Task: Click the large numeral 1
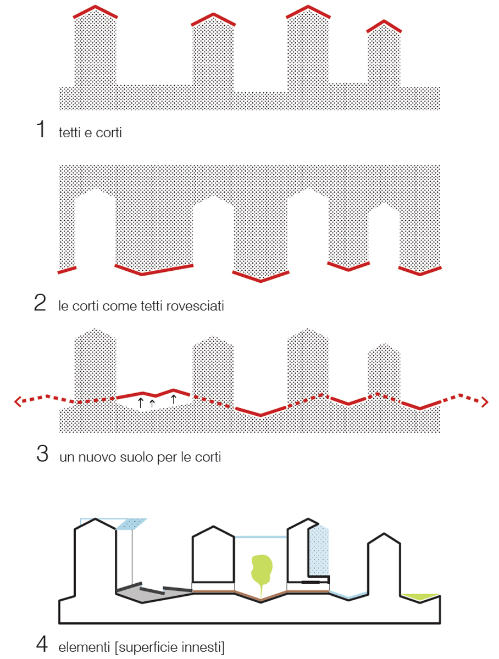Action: pyautogui.click(x=41, y=129)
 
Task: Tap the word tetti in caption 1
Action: pyautogui.click(x=70, y=132)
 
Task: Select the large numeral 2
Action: pyautogui.click(x=40, y=302)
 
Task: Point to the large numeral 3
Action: pyautogui.click(x=42, y=454)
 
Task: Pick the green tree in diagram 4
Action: pyautogui.click(x=262, y=568)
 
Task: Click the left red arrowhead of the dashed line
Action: pyautogui.click(x=18, y=401)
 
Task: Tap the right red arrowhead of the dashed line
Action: pyautogui.click(x=485, y=402)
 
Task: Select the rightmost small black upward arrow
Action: pyautogui.click(x=173, y=399)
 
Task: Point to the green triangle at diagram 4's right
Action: pyautogui.click(x=420, y=597)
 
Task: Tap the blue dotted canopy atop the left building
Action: pyautogui.click(x=131, y=524)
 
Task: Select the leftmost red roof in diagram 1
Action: pyautogui.click(x=95, y=12)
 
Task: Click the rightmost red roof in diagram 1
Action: pyautogui.click(x=384, y=26)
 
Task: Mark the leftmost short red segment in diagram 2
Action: pyautogui.click(x=67, y=270)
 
